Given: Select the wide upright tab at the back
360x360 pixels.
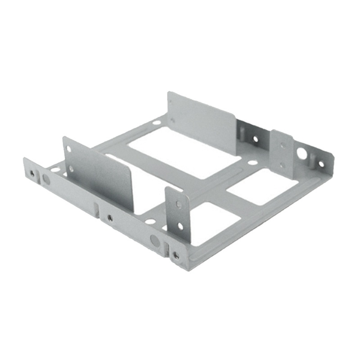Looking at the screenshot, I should [x=202, y=121].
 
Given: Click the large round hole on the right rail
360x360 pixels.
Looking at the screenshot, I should [x=301, y=154].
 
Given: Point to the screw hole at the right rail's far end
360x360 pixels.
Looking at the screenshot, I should [x=321, y=164].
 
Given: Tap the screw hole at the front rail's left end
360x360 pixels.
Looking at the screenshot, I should [x=32, y=173].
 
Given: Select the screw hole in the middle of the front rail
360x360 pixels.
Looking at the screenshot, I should [x=110, y=218].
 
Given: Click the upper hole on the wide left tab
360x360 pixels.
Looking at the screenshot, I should [x=68, y=148].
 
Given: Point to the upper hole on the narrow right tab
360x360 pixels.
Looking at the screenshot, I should [x=282, y=145].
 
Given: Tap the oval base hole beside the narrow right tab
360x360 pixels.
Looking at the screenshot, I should [x=253, y=162].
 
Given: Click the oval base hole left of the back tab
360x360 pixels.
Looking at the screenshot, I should [x=156, y=122].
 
